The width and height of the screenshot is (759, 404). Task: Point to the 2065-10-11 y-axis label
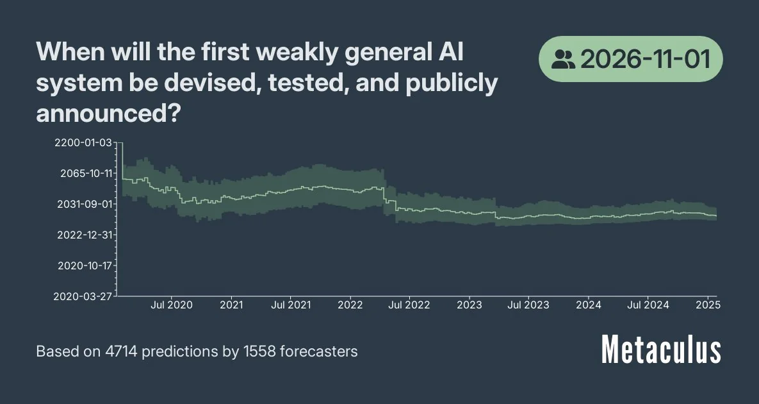click(x=85, y=173)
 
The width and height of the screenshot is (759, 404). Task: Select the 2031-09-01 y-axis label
click(x=85, y=204)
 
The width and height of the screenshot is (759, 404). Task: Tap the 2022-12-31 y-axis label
click(x=85, y=235)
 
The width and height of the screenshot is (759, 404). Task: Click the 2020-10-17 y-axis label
click(x=85, y=265)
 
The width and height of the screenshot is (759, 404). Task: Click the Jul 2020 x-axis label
click(x=172, y=305)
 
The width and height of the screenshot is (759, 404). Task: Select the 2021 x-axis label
click(x=231, y=305)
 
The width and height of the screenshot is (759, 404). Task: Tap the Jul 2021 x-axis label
click(x=291, y=305)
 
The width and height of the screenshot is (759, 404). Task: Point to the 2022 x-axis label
click(x=350, y=305)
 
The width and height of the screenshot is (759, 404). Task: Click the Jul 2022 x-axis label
click(x=409, y=305)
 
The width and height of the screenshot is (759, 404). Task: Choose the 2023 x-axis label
click(x=469, y=305)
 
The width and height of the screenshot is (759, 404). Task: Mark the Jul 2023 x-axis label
click(x=528, y=305)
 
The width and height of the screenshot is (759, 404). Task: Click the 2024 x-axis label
click(x=589, y=305)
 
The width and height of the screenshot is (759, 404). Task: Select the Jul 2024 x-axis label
click(x=648, y=305)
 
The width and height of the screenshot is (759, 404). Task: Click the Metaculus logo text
click(x=662, y=351)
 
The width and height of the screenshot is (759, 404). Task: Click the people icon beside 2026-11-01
click(x=563, y=60)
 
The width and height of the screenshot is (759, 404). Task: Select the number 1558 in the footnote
click(x=256, y=351)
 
